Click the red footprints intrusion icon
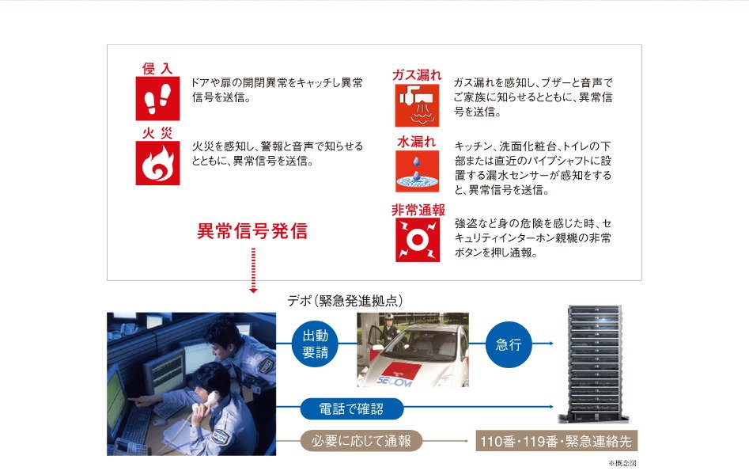[157, 99]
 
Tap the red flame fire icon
[157, 163]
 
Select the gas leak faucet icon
[417, 105]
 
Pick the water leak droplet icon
[417, 171]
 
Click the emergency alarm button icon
[417, 240]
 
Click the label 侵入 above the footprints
[157, 70]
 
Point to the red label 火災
[157, 133]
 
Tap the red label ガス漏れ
[417, 75]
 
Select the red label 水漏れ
[417, 142]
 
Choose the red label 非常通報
[418, 211]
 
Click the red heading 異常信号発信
[252, 232]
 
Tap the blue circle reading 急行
[509, 344]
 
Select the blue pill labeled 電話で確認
[352, 409]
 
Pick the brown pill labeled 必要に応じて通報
[361, 441]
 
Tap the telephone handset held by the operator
[211, 400]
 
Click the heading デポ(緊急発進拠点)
[346, 301]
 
